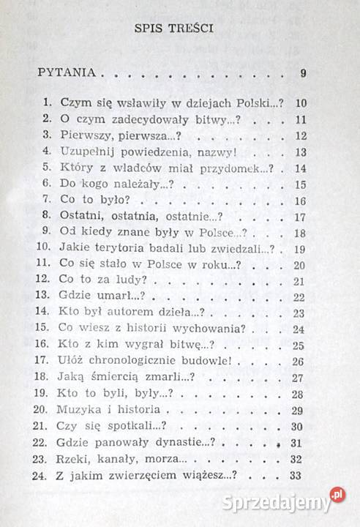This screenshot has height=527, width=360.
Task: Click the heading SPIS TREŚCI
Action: pos(179,30)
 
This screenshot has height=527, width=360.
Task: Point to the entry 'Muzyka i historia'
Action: pos(107,411)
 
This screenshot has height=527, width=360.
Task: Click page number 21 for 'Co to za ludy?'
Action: pos(297,281)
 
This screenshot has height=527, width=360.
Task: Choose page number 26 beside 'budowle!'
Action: pos(297,362)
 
